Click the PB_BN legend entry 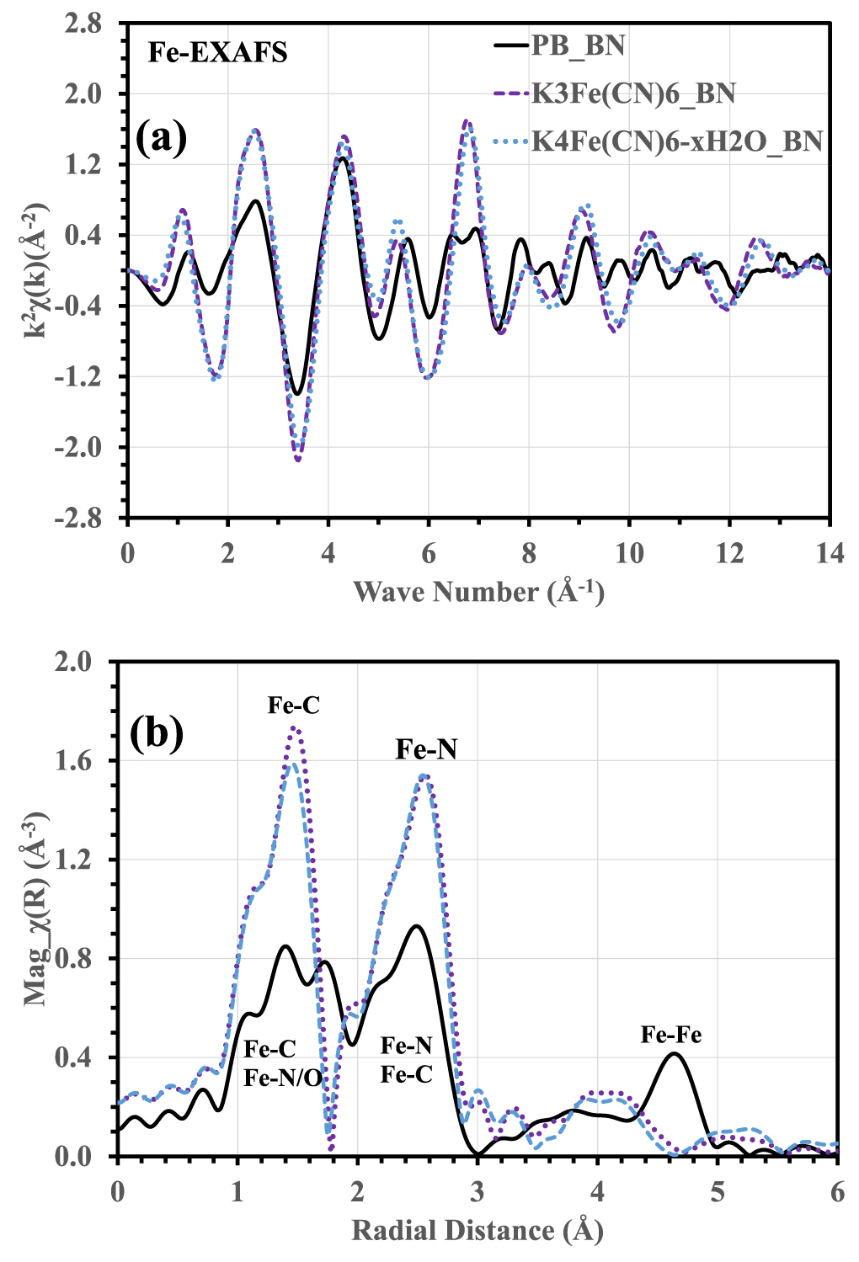[577, 45]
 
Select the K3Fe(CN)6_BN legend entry [632, 93]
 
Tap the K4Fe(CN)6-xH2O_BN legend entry [676, 141]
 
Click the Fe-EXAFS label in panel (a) [217, 53]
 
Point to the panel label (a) [161, 136]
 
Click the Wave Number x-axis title [478, 592]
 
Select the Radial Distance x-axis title [478, 1230]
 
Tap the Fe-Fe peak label [670, 1034]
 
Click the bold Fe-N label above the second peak [426, 749]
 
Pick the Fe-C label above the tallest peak [294, 705]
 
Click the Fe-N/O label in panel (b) [283, 1078]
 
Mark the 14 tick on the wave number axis [829, 553]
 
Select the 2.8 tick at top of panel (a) [83, 24]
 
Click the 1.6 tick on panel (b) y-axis [77, 760]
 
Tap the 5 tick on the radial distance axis [717, 1191]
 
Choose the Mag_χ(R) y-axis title [35, 909]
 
